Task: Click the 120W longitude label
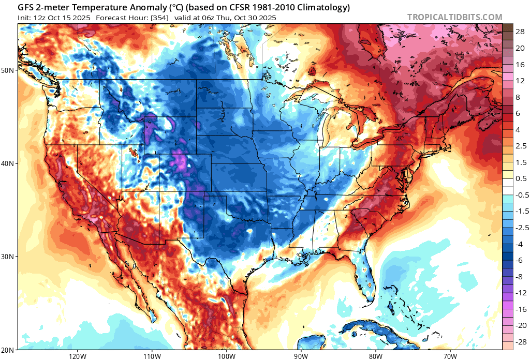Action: click(77, 356)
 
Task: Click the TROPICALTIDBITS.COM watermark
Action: click(454, 17)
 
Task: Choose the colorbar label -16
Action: click(520, 309)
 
